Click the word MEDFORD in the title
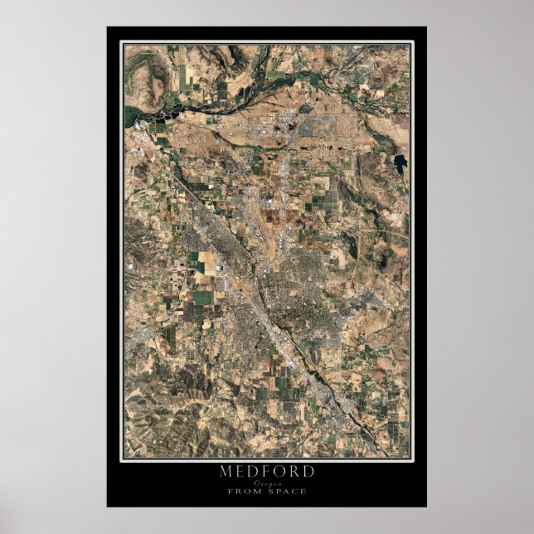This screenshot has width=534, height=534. click(267, 472)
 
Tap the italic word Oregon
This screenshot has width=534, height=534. click(267, 483)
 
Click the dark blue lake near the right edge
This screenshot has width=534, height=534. click(401, 163)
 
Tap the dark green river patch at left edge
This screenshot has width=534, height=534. click(132, 115)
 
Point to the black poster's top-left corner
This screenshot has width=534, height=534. click(107, 27)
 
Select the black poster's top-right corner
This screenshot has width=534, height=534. click(427, 27)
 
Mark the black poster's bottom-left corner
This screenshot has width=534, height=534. click(107, 507)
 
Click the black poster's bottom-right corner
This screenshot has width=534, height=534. click(427, 507)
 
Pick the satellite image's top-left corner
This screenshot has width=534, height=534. click(125, 45)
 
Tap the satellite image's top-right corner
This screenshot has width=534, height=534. click(410, 45)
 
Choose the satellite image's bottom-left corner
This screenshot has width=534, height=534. click(125, 458)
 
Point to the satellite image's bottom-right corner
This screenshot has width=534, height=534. click(410, 458)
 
